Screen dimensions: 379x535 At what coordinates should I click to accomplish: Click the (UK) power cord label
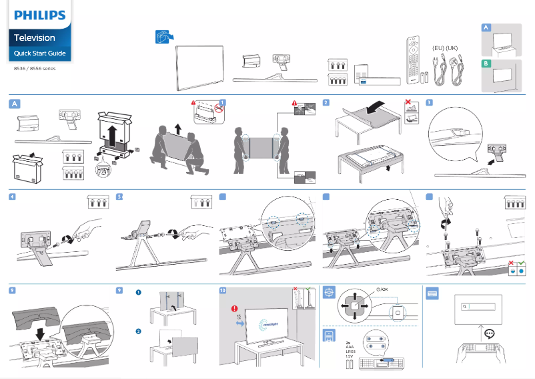point(452,48)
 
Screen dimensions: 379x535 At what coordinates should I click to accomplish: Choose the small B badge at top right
point(486,63)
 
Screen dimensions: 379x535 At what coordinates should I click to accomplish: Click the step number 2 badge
point(326,103)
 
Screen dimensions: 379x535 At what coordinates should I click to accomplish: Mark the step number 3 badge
point(429,103)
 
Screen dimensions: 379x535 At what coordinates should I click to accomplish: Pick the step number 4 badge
point(13,197)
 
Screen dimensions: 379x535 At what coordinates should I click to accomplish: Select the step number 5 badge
point(119,197)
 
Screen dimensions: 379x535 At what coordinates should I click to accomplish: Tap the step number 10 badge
point(223,291)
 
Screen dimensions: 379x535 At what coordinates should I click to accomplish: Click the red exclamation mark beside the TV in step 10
point(235,309)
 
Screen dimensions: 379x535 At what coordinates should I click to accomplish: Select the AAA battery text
point(350,347)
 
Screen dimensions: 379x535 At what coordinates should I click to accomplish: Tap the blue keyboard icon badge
point(432,292)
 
